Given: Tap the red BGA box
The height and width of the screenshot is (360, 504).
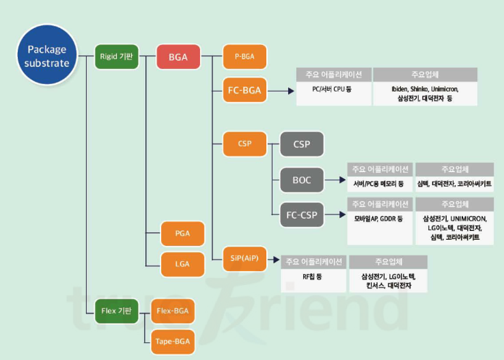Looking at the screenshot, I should tap(178, 56).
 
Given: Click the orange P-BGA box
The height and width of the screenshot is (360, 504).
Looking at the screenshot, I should tap(244, 56).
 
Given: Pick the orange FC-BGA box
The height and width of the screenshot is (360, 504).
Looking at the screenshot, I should tap(244, 89).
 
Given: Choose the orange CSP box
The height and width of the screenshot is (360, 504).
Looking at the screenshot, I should tap(244, 143).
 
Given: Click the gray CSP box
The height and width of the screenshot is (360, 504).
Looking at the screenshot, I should tap(301, 145).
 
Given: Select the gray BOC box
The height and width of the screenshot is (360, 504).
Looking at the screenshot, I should tap(301, 180).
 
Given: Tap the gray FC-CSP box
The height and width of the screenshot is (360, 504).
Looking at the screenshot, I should tap(301, 214).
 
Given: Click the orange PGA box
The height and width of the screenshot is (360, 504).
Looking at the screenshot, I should tap(182, 234).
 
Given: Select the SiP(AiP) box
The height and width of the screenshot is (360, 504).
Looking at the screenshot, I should tap(244, 255).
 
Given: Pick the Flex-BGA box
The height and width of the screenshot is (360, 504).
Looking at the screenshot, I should tap(172, 311).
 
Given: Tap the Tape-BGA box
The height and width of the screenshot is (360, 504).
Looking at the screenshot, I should tap(172, 340).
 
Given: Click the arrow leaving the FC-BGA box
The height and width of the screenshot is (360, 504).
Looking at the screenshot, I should tap(279, 89).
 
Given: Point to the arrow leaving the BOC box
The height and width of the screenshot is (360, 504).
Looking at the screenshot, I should tap(334, 180).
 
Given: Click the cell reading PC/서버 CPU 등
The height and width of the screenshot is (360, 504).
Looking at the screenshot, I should tap(333, 89).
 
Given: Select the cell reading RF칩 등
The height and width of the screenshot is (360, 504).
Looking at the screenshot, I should tap(313, 278).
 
